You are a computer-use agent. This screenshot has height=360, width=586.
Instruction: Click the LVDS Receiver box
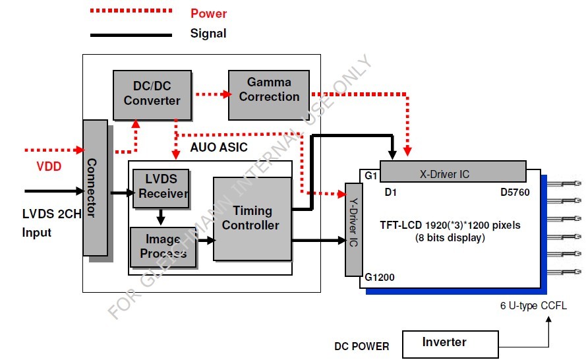point(160,188)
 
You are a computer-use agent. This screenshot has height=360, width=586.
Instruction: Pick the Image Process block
point(163,247)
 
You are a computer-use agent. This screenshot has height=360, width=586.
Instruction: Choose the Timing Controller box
point(252,218)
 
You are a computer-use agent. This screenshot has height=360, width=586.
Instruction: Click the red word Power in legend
point(209,14)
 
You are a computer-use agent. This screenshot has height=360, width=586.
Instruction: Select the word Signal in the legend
point(208,34)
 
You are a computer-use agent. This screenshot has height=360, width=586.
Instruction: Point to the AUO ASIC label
point(220,147)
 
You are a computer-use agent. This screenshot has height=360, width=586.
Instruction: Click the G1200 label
point(379,278)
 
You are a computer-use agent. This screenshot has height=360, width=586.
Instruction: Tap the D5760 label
point(516,193)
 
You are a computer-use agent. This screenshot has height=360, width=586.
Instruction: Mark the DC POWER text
point(362,346)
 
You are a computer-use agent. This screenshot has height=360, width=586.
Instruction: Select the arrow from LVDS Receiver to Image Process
point(160,216)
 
